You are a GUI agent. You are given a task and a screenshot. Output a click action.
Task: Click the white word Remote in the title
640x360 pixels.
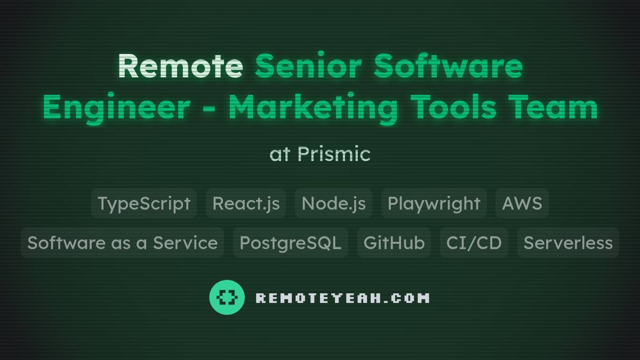coord(180,66)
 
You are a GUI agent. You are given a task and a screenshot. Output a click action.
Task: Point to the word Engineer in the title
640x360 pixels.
coord(116,108)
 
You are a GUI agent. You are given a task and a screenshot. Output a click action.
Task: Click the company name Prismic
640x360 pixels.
coord(334,154)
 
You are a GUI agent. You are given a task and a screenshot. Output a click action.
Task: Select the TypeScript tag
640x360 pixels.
coord(144,203)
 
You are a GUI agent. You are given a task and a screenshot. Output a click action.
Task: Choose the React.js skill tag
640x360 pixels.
coord(246,203)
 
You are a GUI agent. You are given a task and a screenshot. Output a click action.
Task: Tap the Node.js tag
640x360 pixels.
coord(333,203)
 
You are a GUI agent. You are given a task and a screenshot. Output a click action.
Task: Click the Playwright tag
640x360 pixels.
coord(434,203)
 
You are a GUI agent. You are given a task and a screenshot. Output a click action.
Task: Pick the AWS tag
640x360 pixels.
coord(522,203)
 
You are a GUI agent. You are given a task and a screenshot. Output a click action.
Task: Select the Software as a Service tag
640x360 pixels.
coord(122,243)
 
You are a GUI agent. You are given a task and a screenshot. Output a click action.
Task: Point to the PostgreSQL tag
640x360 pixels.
coord(290,243)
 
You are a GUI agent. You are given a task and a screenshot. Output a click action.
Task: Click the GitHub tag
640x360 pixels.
coord(394,243)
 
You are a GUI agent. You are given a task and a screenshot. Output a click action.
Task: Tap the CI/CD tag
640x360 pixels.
coord(474,243)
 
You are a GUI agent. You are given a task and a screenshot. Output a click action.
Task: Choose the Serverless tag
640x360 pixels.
coord(568,243)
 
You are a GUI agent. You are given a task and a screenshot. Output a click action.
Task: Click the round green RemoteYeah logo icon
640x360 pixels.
coord(227,297)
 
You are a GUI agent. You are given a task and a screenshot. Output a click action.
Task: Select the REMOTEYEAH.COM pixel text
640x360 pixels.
coord(342,298)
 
